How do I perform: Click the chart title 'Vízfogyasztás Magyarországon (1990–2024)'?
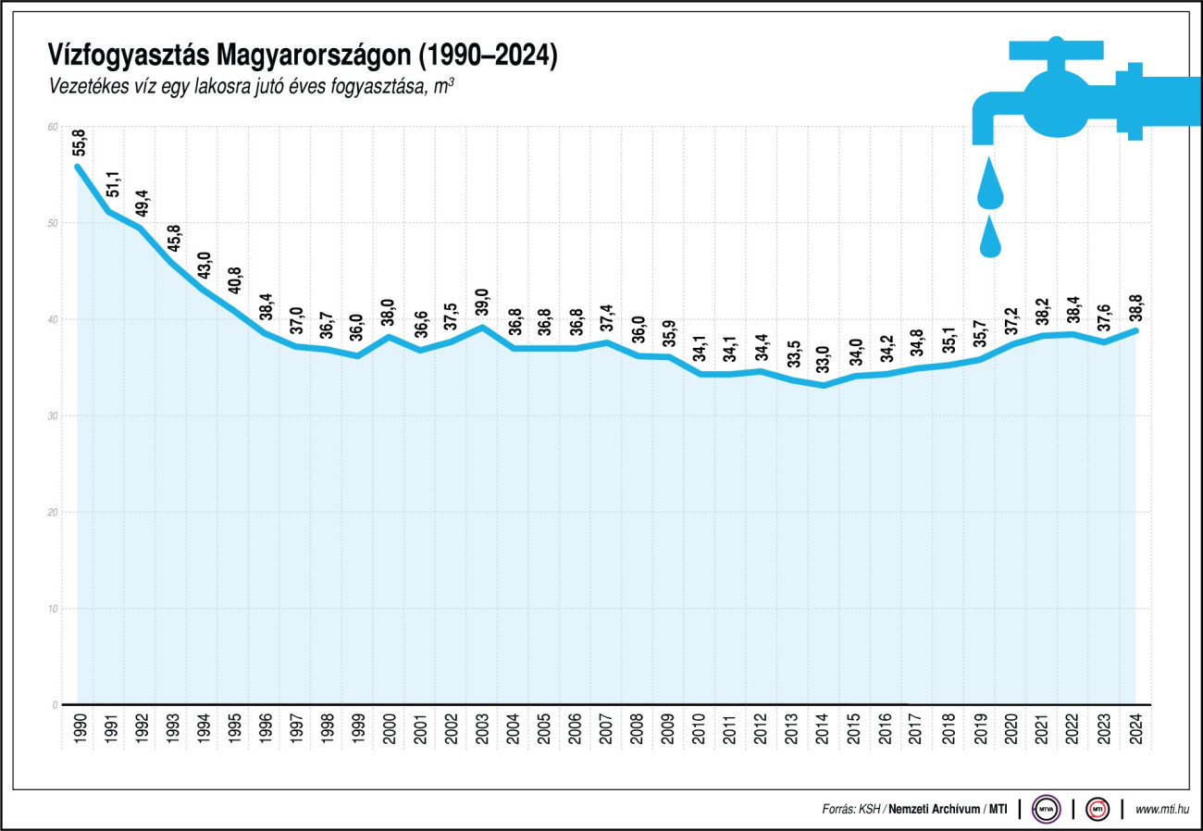pyautogui.click(x=303, y=56)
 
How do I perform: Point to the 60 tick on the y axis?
pyautogui.click(x=52, y=127)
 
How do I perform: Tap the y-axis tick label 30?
pyautogui.click(x=52, y=415)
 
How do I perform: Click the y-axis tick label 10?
pyautogui.click(x=52, y=608)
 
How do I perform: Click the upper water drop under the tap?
pyautogui.click(x=990, y=185)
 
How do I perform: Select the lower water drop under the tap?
pyautogui.click(x=990, y=238)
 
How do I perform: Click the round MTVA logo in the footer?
pyautogui.click(x=1047, y=808)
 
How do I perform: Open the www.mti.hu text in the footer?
pyautogui.click(x=1161, y=809)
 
